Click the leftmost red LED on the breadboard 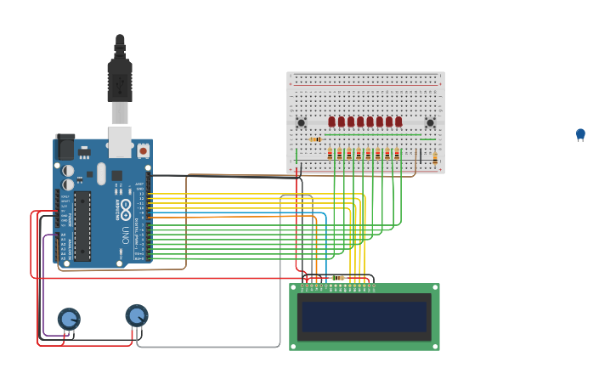tap(332, 122)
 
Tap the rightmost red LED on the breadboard tap(398, 122)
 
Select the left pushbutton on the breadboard tap(301, 122)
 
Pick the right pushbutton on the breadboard tap(430, 122)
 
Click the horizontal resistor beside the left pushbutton tap(315, 139)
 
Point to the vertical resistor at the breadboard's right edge tap(435, 158)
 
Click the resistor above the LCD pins tap(338, 278)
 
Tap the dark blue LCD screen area tap(364, 317)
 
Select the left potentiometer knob tap(69, 319)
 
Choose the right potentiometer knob tap(137, 315)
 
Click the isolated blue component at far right tap(580, 134)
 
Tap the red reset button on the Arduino tap(143, 150)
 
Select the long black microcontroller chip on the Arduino tap(82, 225)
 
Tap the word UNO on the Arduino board tap(125, 234)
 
